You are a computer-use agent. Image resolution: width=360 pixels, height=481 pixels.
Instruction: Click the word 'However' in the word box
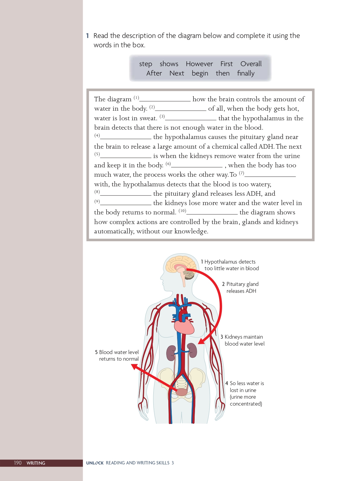[199, 64]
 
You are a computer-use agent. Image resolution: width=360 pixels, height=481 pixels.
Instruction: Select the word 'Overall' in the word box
[251, 64]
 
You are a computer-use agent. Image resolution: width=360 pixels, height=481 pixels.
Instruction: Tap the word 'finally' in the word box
[246, 73]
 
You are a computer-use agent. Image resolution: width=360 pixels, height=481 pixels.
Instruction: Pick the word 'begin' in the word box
[200, 73]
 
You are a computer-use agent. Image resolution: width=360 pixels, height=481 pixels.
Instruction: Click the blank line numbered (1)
[165, 100]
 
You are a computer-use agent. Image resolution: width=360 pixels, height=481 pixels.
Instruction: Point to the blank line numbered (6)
[197, 166]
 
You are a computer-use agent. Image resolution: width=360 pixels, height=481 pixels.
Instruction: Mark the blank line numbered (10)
[212, 213]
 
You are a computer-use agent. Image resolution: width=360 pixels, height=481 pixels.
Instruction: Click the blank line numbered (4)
[126, 138]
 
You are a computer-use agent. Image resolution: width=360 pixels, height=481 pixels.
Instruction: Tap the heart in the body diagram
[184, 326]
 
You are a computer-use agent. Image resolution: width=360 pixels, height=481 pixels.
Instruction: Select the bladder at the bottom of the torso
[182, 392]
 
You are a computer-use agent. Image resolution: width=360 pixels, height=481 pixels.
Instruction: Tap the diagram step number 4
[227, 383]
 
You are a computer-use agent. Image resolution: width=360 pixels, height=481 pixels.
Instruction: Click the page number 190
[18, 463]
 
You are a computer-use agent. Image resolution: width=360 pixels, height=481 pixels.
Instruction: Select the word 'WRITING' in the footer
[36, 463]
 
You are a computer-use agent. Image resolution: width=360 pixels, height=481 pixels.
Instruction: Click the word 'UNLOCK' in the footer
[95, 463]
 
